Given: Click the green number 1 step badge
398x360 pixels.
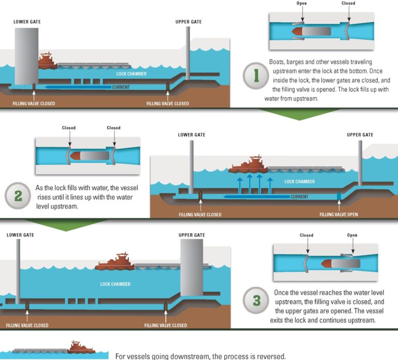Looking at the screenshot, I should pyautogui.click(x=255, y=77).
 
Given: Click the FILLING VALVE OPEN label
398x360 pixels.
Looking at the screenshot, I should pyautogui.click(x=338, y=214).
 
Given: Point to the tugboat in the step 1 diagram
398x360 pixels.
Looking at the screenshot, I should pyautogui.click(x=46, y=61).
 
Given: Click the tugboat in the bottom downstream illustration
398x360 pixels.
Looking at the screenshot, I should pyautogui.click(x=81, y=347).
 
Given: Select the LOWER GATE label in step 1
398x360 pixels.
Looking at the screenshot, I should pyautogui.click(x=27, y=22).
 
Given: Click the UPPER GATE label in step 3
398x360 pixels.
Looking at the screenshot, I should pyautogui.click(x=192, y=235).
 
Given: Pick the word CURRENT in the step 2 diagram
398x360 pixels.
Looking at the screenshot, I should pyautogui.click(x=300, y=197).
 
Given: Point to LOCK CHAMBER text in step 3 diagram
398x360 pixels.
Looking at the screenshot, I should pyautogui.click(x=116, y=284).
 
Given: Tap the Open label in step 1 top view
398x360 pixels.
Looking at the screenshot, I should pyautogui.click(x=302, y=3).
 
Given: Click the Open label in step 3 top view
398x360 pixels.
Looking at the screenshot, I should pyautogui.click(x=353, y=235).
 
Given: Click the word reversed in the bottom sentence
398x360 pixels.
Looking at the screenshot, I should pyautogui.click(x=269, y=356).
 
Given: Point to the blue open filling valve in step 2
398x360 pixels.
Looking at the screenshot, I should pyautogui.click(x=339, y=196).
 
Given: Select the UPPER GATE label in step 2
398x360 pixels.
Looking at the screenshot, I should pyautogui.click(x=360, y=135).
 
